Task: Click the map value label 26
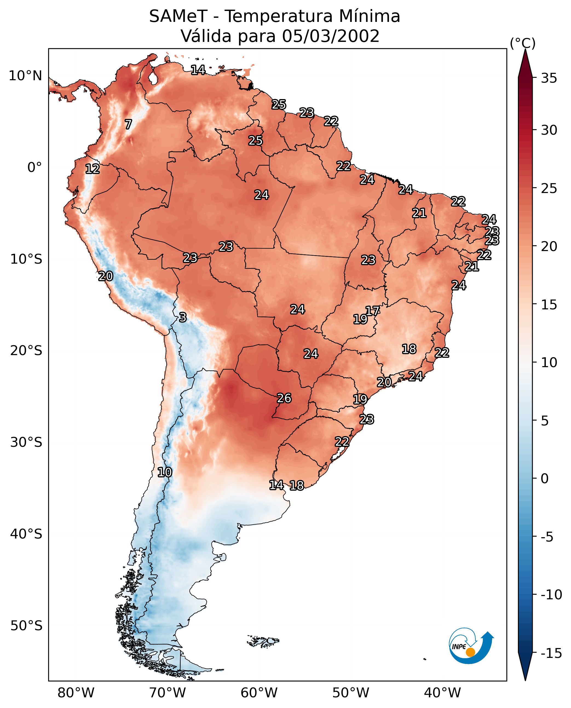pos(284,398)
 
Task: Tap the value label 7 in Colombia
pos(128,124)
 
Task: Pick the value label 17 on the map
pos(373,311)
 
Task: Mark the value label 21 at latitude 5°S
pos(419,213)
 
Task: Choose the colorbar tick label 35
pos(549,78)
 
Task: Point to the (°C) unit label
pos(523,43)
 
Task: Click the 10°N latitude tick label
pos(25,76)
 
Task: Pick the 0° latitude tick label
pos(34,168)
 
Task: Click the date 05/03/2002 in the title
pos(331,36)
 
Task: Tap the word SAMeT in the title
pos(178,16)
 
